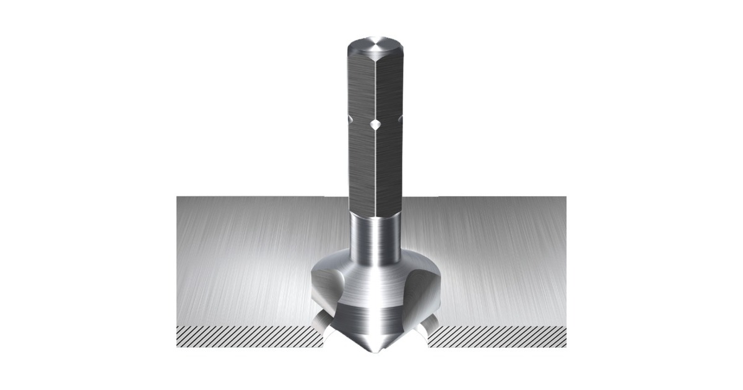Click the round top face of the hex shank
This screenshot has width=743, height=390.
pos(375,48)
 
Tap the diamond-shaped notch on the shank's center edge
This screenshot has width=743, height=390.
pos(375,125)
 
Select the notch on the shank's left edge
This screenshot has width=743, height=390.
pos(350,118)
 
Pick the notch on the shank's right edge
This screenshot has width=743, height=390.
pos(401,118)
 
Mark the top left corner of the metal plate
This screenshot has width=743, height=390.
pos(178,197)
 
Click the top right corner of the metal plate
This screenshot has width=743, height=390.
pos(565,197)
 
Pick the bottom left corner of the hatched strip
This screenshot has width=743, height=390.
pos(178,346)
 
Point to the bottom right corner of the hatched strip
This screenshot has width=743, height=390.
pos(565,346)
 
